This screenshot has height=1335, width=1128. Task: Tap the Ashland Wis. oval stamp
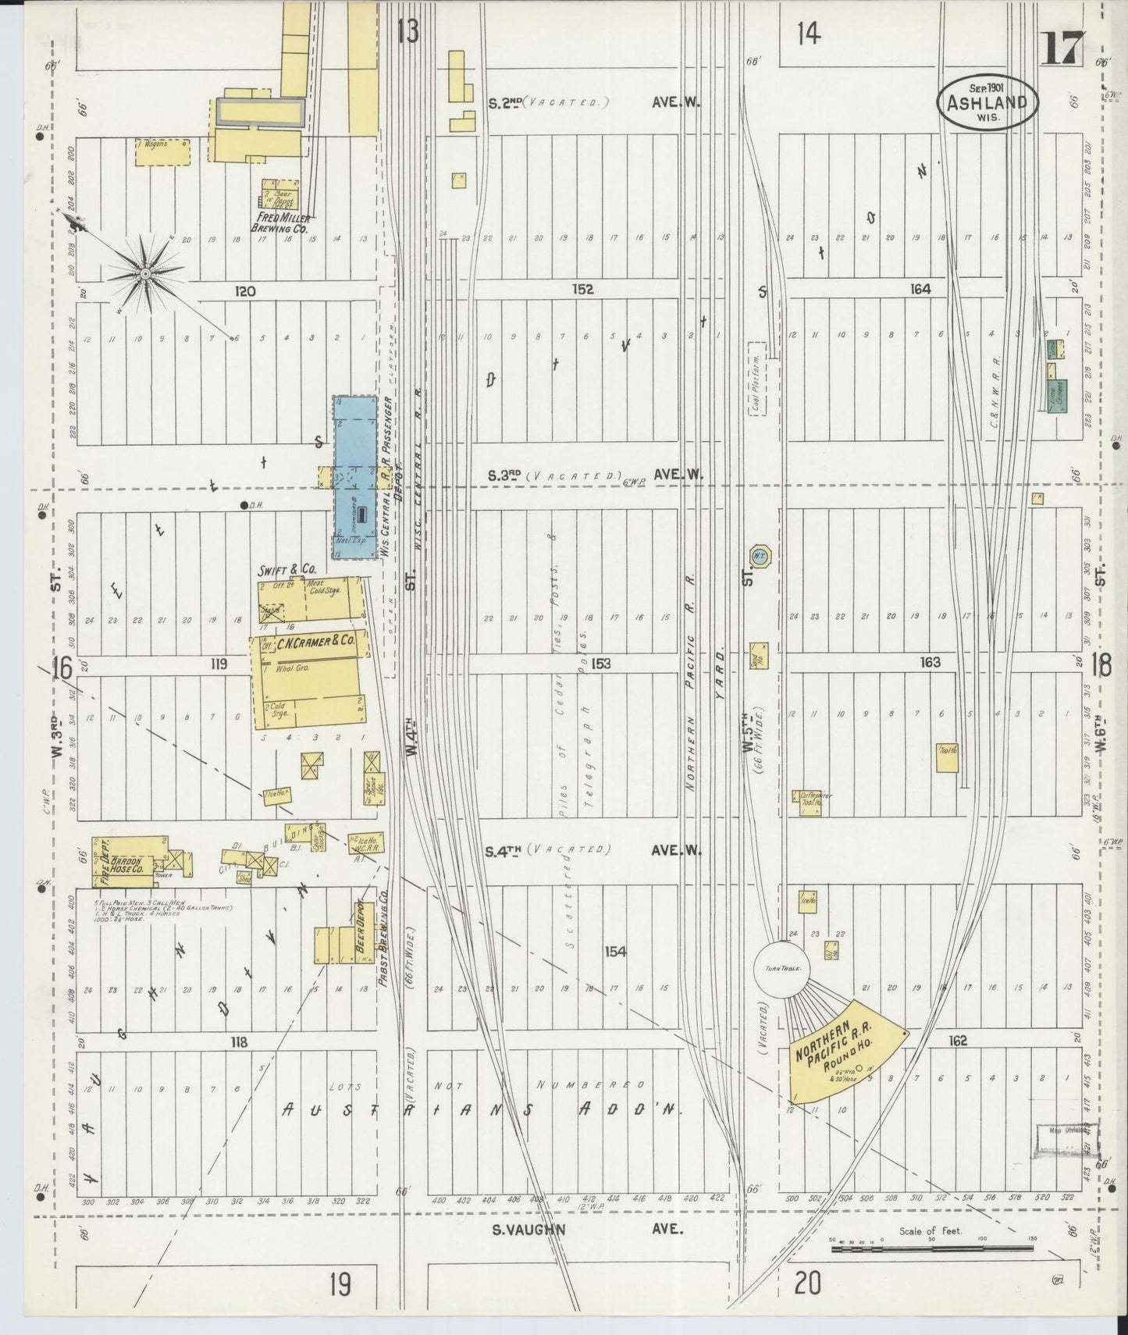(987, 102)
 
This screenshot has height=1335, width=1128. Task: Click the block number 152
(582, 289)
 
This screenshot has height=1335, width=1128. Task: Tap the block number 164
(920, 289)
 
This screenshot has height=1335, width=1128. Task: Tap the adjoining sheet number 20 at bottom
(808, 1283)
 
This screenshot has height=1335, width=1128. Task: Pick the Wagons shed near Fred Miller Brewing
(162, 152)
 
